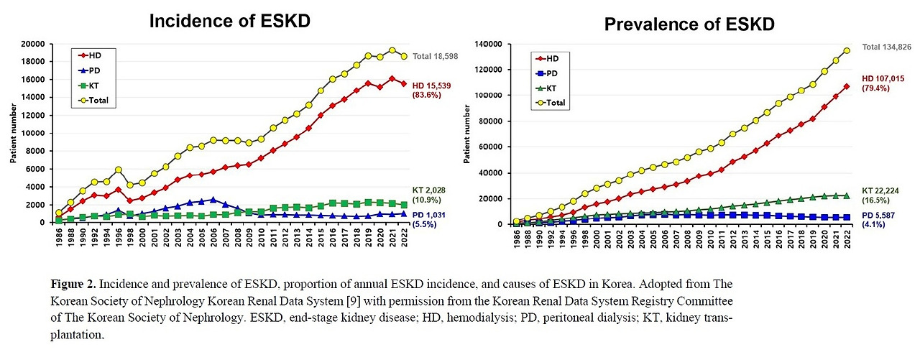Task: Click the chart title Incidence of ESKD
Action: tap(229, 21)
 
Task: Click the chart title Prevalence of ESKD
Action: tap(689, 25)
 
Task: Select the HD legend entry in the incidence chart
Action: tap(94, 55)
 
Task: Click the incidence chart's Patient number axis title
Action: tap(13, 134)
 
